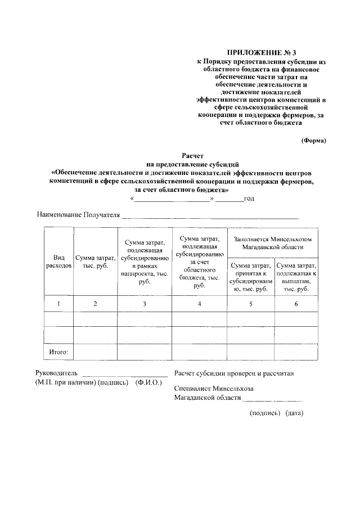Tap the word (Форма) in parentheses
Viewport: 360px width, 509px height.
[313, 140]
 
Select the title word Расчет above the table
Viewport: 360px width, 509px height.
[192, 155]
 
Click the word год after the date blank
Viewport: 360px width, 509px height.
[249, 199]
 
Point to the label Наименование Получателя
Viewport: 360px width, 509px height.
[79, 215]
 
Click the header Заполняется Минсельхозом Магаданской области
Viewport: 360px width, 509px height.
[272, 242]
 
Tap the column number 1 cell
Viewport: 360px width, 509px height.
[58, 304]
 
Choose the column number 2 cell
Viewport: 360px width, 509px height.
[95, 304]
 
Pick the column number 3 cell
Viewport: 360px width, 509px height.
[145, 304]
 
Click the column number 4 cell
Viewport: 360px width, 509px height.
[199, 304]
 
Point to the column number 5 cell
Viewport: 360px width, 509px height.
[250, 304]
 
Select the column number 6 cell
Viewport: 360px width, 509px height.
[296, 304]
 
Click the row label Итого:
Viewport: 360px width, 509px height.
[58, 352]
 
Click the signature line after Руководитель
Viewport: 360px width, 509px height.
[125, 375]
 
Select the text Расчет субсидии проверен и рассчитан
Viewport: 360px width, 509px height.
[233, 373]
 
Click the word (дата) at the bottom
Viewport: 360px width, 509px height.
[294, 413]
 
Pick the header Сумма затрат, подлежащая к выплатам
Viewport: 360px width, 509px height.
[296, 276]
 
